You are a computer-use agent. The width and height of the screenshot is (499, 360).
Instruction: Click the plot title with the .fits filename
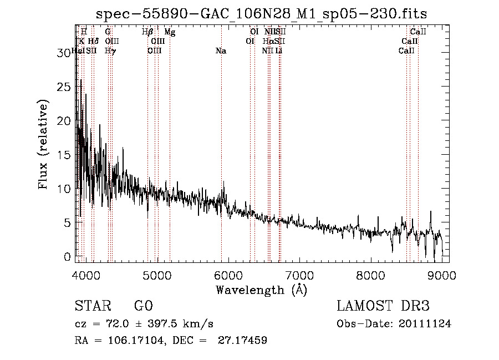pyautogui.click(x=261, y=13)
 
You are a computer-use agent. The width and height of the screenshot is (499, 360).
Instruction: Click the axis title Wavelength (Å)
pyautogui.click(x=261, y=290)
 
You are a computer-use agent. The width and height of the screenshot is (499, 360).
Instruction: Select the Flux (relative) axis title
pyautogui.click(x=43, y=144)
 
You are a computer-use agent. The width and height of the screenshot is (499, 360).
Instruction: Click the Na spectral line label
pyautogui.click(x=221, y=51)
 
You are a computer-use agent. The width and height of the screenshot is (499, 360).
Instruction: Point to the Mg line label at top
pyautogui.click(x=170, y=33)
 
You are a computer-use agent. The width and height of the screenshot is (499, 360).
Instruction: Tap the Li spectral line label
pyautogui.click(x=279, y=51)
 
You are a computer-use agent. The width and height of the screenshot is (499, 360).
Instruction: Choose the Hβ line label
pyautogui.click(x=147, y=33)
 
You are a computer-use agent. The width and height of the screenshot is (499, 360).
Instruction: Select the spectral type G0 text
pyautogui.click(x=143, y=306)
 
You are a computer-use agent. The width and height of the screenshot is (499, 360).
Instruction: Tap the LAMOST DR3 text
pyautogui.click(x=383, y=306)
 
